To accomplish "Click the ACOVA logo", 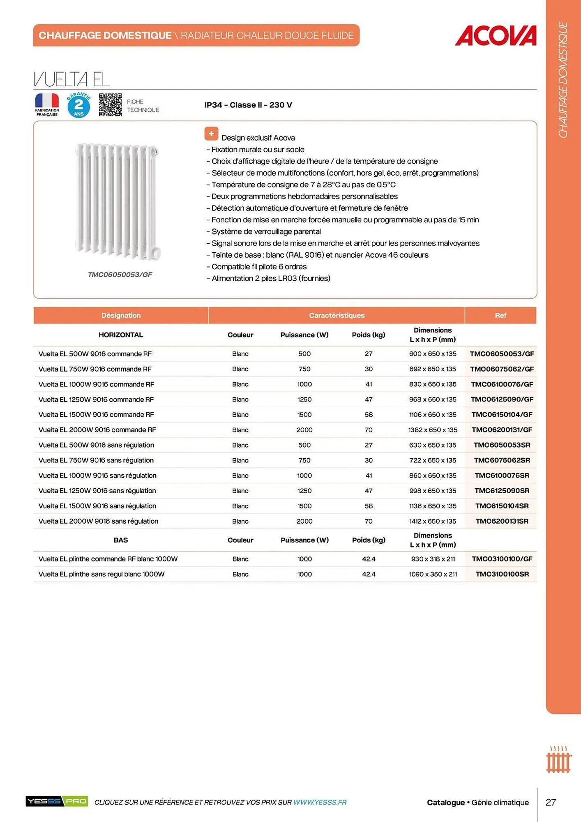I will [x=496, y=36].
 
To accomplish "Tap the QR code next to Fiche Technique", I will [x=111, y=105].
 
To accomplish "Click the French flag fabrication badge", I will [x=47, y=105].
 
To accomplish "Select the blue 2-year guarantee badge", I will [x=78, y=106].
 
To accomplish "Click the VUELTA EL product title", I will [x=72, y=79].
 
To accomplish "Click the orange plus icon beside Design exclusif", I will [x=211, y=134].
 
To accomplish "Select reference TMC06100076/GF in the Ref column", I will [x=501, y=384].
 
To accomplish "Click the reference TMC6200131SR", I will [x=502, y=521].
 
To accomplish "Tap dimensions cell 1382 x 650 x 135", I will [x=433, y=430].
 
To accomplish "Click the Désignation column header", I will [x=121, y=315].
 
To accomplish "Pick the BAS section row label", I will [x=121, y=540].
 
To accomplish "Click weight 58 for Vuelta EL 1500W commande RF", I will [x=369, y=415].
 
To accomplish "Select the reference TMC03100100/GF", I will [x=502, y=559].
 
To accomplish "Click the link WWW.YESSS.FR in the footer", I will [x=320, y=802].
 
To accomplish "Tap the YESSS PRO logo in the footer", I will [x=57, y=801].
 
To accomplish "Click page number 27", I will [x=551, y=802].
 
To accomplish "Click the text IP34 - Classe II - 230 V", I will [x=248, y=105].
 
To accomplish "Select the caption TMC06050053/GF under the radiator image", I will [x=120, y=275].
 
